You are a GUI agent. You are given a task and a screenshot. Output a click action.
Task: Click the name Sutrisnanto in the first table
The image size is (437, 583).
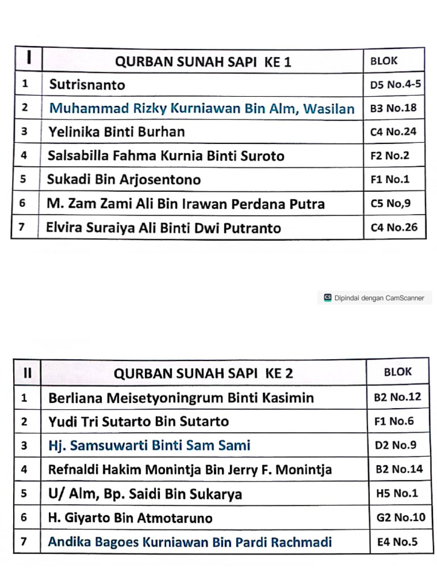(87, 85)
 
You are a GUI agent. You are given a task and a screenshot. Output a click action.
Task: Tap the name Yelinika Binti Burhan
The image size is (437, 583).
(117, 132)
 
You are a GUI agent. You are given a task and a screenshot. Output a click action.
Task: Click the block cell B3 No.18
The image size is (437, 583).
(393, 108)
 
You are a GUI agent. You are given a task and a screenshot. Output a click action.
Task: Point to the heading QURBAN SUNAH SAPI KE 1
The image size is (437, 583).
(203, 62)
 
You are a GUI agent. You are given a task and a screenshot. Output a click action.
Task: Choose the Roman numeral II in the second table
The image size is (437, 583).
(27, 373)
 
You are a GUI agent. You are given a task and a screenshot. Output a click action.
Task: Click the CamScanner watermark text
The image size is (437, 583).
(379, 298)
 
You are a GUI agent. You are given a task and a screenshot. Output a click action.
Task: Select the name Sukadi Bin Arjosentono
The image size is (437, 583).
(124, 180)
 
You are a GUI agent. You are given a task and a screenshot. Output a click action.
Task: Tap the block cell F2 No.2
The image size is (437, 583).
(390, 155)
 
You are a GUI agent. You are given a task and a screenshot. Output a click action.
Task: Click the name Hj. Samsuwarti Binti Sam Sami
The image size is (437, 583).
(150, 445)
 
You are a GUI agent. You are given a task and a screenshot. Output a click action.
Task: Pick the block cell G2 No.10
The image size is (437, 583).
(401, 518)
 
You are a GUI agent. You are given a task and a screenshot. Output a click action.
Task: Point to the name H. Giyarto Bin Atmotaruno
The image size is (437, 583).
(130, 518)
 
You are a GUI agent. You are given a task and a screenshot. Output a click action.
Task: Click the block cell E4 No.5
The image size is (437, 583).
(397, 541)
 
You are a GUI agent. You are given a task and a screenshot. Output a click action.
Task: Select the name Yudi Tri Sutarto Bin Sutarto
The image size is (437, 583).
(139, 422)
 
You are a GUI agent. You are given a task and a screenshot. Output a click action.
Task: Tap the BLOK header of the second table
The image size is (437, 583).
(398, 372)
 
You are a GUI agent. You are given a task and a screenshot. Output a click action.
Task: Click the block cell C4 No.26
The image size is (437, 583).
(394, 228)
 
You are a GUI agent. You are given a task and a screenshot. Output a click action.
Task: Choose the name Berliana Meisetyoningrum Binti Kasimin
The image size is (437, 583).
(181, 398)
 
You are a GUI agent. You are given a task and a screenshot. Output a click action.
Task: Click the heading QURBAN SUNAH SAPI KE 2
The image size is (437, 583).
(204, 373)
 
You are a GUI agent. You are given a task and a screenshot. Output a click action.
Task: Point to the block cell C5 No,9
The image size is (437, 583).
(390, 203)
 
